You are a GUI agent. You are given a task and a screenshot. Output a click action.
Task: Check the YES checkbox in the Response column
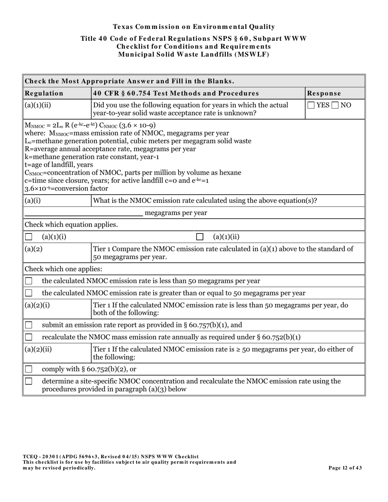tap(311, 105)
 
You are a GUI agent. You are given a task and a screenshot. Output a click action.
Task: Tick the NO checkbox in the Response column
tap(335, 105)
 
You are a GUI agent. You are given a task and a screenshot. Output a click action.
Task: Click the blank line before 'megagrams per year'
tap(83, 213)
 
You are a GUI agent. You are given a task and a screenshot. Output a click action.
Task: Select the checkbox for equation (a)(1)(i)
tap(29, 237)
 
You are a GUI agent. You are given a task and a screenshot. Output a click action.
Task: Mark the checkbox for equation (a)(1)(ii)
tap(200, 237)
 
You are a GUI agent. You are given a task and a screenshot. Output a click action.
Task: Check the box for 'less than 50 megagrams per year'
tap(29, 281)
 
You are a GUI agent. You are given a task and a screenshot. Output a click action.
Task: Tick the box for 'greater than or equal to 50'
tap(29, 293)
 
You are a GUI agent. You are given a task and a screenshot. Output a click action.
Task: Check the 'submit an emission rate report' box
tap(29, 325)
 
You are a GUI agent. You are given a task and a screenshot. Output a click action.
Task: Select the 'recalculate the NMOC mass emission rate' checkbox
tap(29, 337)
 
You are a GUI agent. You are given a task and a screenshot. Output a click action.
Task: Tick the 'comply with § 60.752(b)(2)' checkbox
tap(29, 369)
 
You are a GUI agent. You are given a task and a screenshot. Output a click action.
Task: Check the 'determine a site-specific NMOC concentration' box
tap(29, 381)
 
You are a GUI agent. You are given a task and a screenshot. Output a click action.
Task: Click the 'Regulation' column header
tap(44, 93)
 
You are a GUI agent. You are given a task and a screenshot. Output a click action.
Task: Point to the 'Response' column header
tap(324, 93)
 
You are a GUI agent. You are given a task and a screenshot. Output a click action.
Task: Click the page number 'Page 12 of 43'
tap(345, 468)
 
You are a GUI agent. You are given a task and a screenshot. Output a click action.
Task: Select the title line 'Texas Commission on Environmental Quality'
tap(194, 27)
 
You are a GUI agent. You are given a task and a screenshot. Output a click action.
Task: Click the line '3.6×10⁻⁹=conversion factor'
tap(66, 189)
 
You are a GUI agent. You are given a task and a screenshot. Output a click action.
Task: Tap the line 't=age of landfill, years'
tap(59, 164)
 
